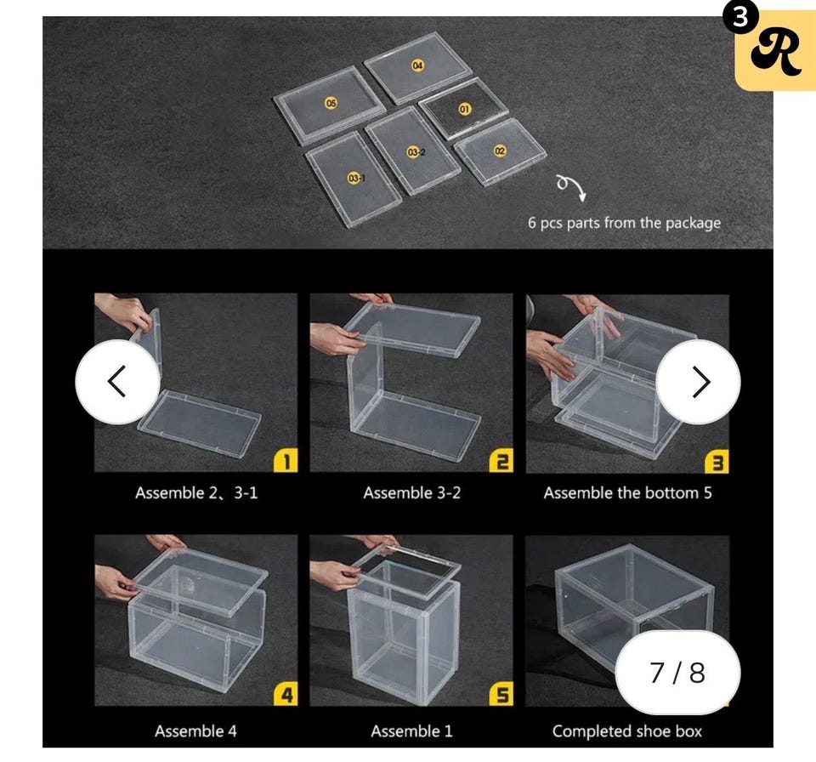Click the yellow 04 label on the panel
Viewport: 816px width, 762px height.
tap(418, 65)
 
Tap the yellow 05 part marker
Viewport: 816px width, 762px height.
tap(331, 103)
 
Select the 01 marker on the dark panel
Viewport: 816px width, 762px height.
tap(465, 109)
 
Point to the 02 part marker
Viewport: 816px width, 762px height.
tap(500, 151)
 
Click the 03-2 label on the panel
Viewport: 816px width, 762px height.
tap(416, 152)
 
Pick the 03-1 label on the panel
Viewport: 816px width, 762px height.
tap(356, 178)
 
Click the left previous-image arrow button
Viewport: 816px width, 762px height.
tap(117, 382)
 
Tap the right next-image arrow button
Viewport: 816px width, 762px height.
tap(699, 382)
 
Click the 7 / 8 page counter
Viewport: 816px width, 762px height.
tap(677, 672)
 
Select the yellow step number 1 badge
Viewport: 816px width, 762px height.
tap(286, 460)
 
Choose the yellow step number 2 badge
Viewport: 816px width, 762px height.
tap(501, 460)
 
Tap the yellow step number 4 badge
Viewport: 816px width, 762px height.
tap(286, 694)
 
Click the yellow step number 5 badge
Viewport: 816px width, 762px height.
tap(501, 694)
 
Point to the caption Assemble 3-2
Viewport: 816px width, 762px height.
tap(412, 492)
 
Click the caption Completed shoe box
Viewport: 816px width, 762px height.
tap(627, 731)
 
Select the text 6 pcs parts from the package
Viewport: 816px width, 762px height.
tap(625, 223)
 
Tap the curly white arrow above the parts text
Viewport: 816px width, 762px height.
tap(571, 187)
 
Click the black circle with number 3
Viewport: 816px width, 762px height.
tap(739, 18)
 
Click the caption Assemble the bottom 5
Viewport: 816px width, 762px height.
tap(627, 492)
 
